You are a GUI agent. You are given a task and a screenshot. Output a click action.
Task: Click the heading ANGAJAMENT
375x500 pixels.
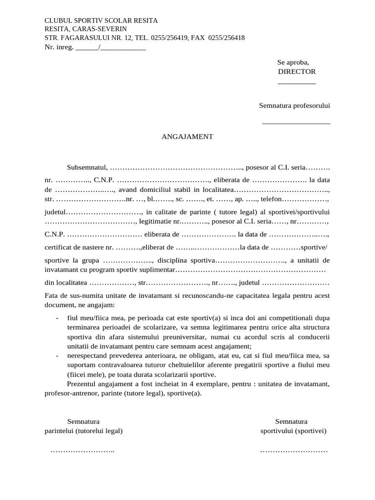pos(187,137)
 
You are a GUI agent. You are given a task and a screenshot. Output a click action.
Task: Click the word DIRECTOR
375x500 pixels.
pos(297,72)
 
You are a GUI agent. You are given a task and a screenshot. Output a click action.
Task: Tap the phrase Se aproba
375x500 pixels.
pos(293,62)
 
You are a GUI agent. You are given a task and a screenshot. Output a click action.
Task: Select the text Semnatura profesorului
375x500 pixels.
pos(294,105)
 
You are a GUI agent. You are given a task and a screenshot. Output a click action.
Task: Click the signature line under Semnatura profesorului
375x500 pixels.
pos(296,123)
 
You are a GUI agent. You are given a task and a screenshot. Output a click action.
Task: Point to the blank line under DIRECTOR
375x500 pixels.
pos(296,83)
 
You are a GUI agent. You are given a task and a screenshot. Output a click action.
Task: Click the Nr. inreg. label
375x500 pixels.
pos(59,47)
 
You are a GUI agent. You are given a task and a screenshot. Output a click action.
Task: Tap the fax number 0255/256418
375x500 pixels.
pos(226,38)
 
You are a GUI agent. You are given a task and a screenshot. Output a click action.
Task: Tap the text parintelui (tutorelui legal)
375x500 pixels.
pos(83,431)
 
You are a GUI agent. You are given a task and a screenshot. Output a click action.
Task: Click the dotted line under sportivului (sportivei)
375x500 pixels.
pos(293,450)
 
